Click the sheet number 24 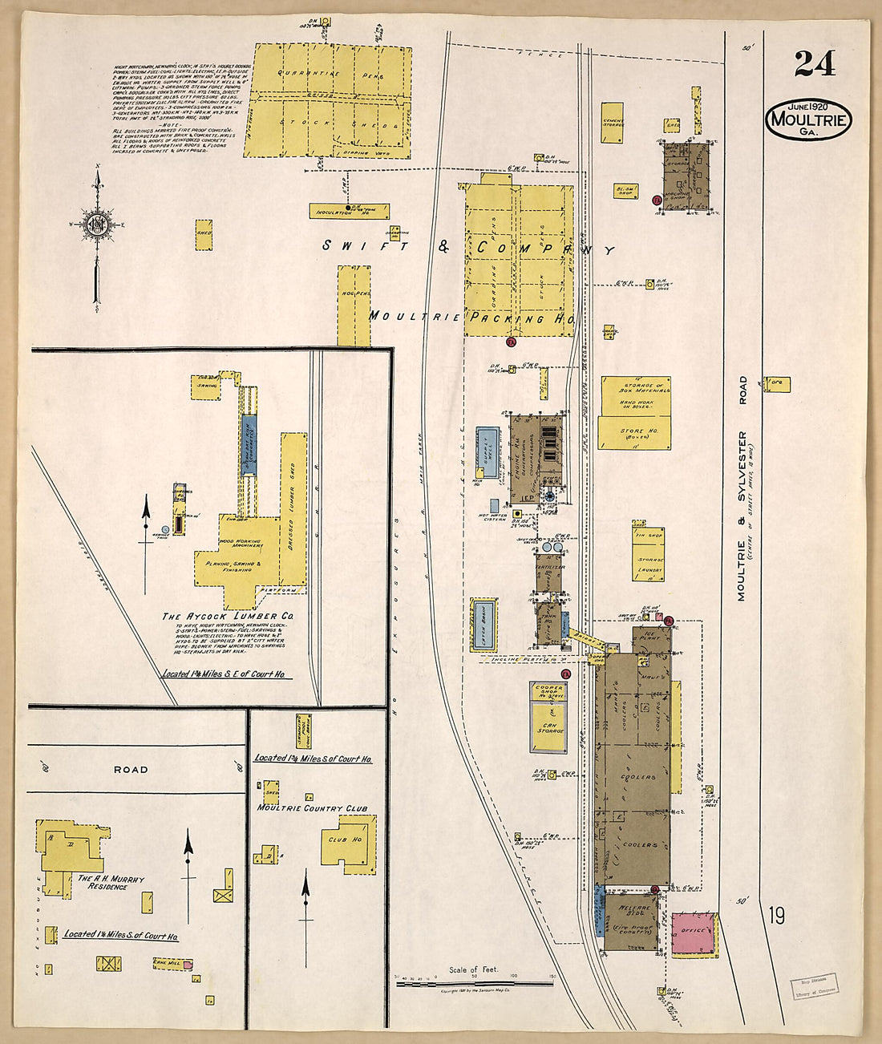pos(815,63)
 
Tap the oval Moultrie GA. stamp pos(808,120)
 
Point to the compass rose pos(97,222)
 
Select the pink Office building pos(694,933)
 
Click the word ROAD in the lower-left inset pos(131,769)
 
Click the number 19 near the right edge pos(775,915)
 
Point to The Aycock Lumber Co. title pos(228,616)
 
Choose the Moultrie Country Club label pos(312,808)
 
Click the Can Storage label pos(548,727)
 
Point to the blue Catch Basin pos(483,625)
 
